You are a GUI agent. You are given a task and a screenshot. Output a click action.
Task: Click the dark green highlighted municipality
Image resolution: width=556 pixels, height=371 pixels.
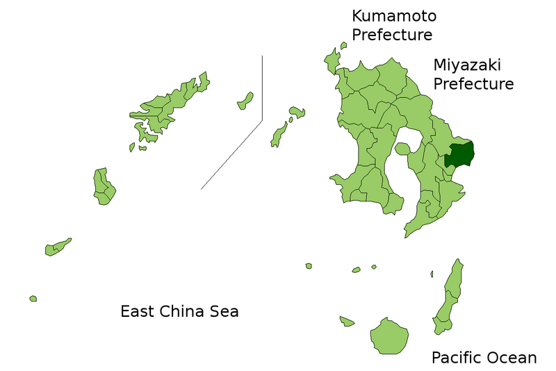coord(459,154)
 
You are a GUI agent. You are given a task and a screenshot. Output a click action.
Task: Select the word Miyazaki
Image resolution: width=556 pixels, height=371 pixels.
coord(467,65)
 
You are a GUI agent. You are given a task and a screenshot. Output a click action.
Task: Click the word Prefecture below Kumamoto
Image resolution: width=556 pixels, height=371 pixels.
coord(392,35)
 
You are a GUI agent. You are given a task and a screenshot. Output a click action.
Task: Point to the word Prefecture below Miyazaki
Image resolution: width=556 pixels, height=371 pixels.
coord(473,84)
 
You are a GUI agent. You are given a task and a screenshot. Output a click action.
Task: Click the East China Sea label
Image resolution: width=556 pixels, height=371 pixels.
coord(179,311)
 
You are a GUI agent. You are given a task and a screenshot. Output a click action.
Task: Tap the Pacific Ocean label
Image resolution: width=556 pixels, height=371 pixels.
coord(484,358)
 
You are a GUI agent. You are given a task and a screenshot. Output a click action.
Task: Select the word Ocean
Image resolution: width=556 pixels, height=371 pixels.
coord(512,358)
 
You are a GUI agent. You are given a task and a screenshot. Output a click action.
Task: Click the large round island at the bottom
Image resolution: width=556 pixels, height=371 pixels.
coord(389,337)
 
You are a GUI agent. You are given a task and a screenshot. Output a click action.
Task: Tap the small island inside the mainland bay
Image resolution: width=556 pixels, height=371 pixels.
coord(402,148)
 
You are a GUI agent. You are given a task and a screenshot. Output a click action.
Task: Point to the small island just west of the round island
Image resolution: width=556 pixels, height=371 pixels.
coord(347,321)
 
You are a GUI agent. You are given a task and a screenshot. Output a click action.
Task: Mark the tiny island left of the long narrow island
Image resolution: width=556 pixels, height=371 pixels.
coord(432,274)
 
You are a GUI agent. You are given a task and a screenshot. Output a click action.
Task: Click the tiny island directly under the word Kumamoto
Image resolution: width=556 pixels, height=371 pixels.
coord(343,46)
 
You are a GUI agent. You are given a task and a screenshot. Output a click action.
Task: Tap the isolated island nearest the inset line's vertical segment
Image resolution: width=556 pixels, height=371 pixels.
coord(245,101)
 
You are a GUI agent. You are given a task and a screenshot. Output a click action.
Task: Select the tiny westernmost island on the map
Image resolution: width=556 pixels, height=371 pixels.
coord(33,299)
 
